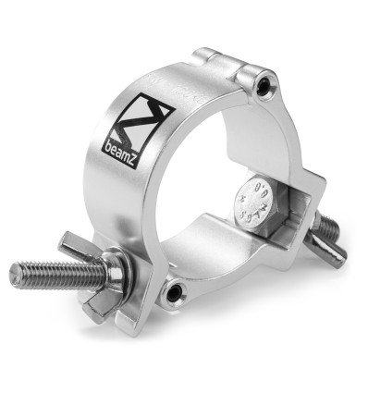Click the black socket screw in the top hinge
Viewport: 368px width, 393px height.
tap(266, 86)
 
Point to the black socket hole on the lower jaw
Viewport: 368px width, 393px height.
tap(173, 294)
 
